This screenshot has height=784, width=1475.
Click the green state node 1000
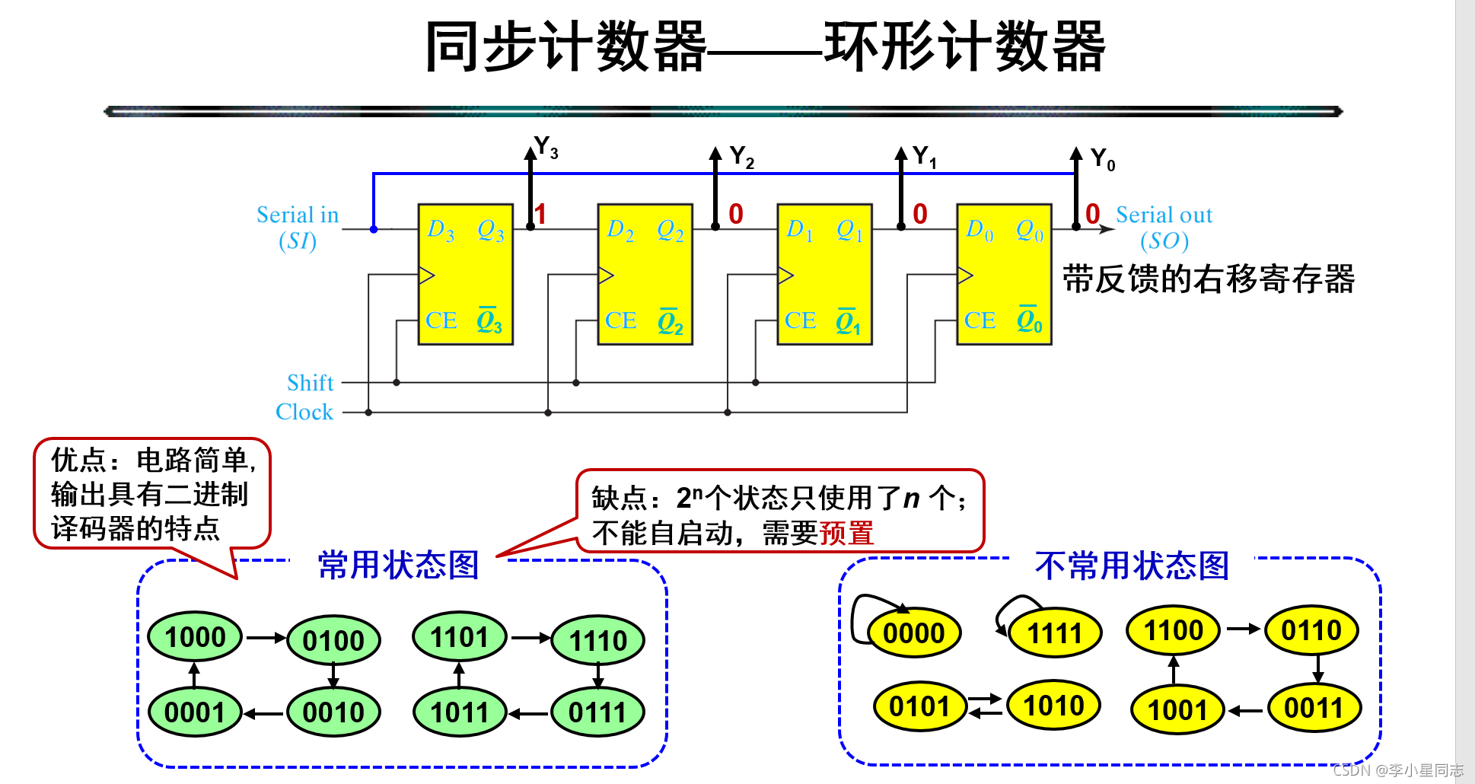coord(195,637)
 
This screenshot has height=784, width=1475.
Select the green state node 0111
coord(597,712)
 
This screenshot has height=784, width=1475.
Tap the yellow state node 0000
coord(913,633)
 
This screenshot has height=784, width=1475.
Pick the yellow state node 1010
coord(1053,706)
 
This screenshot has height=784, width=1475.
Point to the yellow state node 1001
coord(1177,710)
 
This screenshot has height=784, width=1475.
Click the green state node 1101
coord(459,637)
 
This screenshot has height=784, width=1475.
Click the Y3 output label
coord(546,147)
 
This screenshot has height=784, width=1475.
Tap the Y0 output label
coord(1103,159)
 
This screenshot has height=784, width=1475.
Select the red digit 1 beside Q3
coord(540,214)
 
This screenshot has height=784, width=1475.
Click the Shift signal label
coord(311,382)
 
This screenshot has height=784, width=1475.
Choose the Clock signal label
coord(304,412)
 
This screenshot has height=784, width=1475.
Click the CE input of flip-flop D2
coord(620,320)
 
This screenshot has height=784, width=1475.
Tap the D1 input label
coord(799,229)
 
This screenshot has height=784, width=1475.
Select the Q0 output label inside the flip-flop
coord(1029,229)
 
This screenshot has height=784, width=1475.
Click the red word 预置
coord(846,533)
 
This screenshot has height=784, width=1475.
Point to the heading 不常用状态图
coord(1132,566)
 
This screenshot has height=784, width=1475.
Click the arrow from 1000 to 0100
coord(265,638)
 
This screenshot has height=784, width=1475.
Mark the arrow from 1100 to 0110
coord(1243,629)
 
